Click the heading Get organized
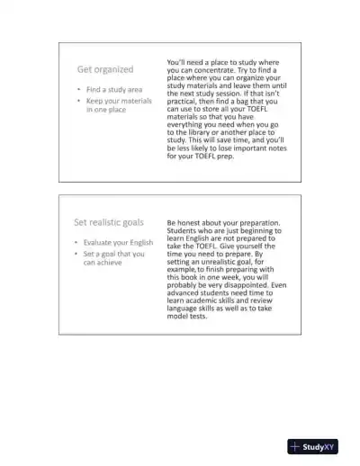coord(104,69)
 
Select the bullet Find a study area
coord(113,90)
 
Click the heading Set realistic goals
coord(108,222)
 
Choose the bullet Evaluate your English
coord(118,243)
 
